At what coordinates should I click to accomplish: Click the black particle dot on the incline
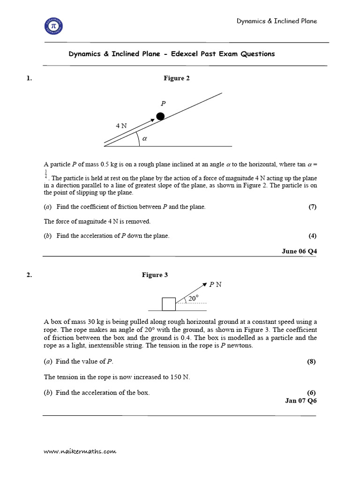[x=160, y=116]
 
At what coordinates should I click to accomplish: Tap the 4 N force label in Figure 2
[x=121, y=126]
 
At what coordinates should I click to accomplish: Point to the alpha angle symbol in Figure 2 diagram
[x=144, y=138]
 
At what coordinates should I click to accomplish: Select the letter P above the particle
[x=163, y=104]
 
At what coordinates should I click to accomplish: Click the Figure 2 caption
[x=177, y=78]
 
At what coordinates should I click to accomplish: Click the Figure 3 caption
[x=155, y=275]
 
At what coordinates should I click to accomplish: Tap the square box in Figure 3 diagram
[x=169, y=304]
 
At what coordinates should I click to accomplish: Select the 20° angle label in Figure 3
[x=193, y=298]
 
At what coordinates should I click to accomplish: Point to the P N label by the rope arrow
[x=215, y=284]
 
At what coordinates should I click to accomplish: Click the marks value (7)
[x=312, y=207]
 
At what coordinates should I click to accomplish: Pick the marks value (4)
[x=312, y=236]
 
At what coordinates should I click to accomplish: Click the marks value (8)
[x=312, y=361]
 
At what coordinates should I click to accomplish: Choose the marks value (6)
[x=312, y=392]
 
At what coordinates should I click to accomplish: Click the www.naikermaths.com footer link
[x=80, y=451]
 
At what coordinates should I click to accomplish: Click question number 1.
[x=30, y=78]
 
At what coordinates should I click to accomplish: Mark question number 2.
[x=30, y=275]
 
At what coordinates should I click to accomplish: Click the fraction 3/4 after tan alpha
[x=45, y=174]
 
